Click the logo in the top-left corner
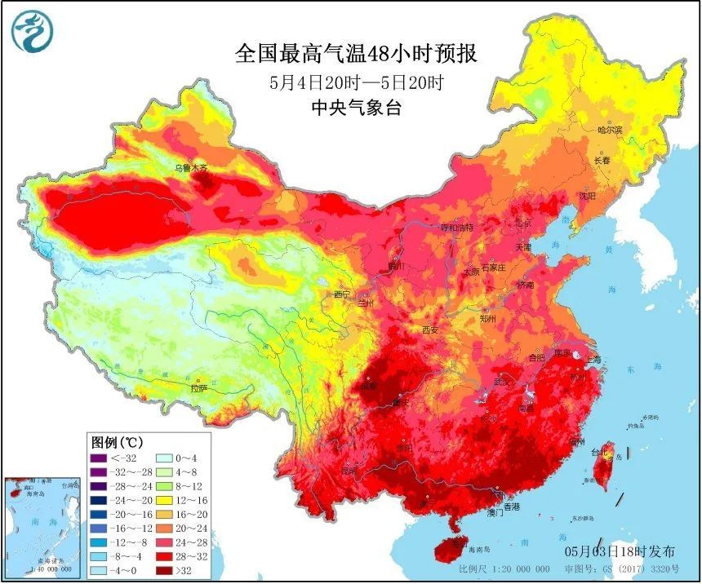coord(30,30)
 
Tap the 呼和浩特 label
coord(457,227)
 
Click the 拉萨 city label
coord(199,388)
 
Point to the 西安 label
coord(430,330)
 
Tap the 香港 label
coord(511,507)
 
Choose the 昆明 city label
coord(349,471)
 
